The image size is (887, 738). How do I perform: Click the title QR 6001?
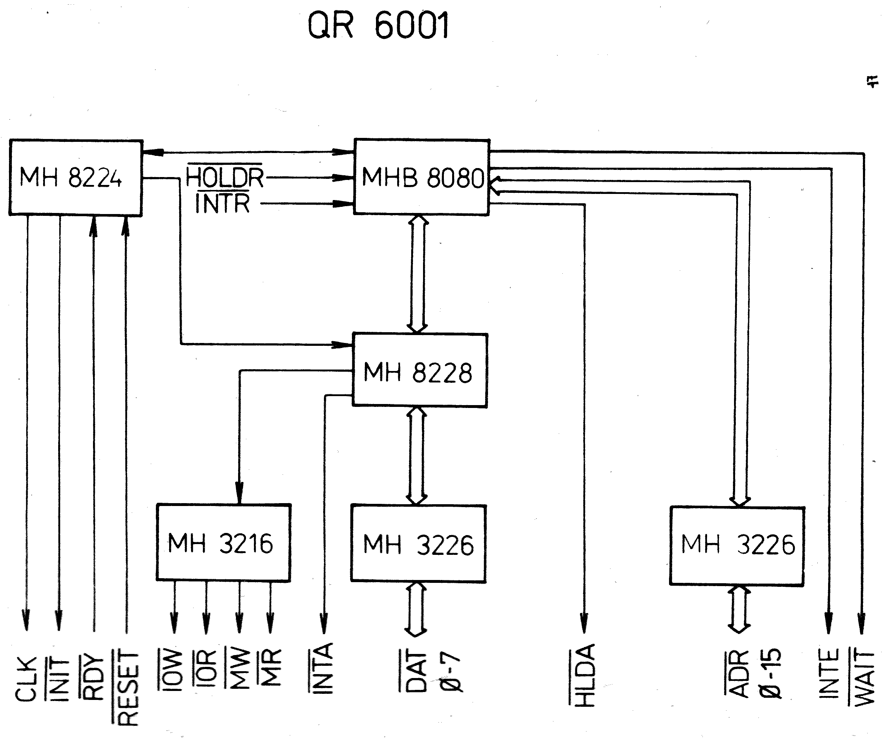[378, 26]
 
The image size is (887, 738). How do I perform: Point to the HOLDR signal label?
[225, 177]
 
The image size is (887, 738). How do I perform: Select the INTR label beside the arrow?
[223, 204]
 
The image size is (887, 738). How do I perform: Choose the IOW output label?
[172, 669]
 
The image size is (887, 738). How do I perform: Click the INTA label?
[323, 668]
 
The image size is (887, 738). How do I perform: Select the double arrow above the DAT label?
[416, 608]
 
